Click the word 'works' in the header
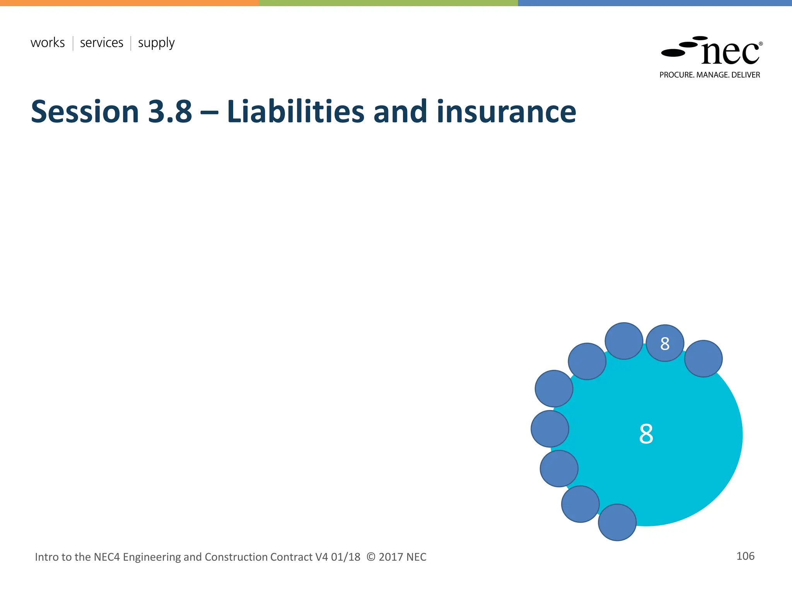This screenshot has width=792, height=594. coord(48,43)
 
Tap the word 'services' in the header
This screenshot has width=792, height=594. coord(101,43)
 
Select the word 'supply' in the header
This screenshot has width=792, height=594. coord(156,43)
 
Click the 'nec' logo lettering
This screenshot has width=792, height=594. coord(730,53)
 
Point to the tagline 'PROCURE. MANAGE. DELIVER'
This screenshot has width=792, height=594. coord(710,75)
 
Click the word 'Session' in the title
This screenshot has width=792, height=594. coord(85,112)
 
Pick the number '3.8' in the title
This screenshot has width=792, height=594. coord(170,112)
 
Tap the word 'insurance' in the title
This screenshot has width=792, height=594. coord(506,112)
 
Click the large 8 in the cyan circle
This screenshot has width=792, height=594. coord(646,434)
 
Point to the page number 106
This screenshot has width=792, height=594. coord(745,556)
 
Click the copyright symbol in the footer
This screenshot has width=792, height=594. coord(370,557)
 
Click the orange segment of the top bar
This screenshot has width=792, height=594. coord(129,3)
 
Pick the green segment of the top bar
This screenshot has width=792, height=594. coord(388,3)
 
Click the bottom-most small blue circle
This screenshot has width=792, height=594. coord(617,522)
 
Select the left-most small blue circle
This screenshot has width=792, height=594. coord(550,428)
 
